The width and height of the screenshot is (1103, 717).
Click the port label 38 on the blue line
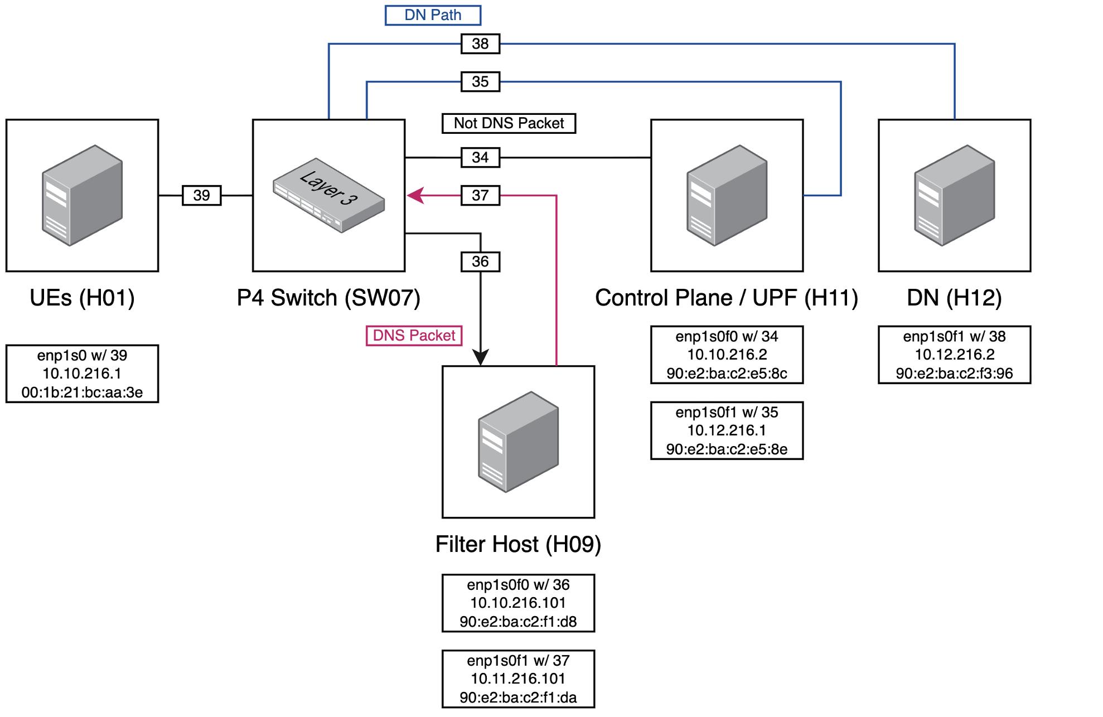tap(480, 43)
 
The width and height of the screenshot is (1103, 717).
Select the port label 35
tap(480, 81)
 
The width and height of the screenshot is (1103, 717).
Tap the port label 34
tap(480, 157)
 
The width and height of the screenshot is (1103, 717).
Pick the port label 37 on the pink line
tap(480, 195)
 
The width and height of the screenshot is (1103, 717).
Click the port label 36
tap(480, 261)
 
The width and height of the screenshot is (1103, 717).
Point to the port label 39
tap(201, 195)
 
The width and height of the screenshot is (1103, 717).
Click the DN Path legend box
tap(433, 15)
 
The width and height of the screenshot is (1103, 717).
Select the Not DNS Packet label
tap(509, 123)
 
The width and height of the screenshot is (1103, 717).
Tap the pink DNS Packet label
tap(414, 336)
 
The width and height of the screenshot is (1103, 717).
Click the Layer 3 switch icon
tap(328, 195)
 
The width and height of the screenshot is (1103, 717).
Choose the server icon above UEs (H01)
tap(82, 195)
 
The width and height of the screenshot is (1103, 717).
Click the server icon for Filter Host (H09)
tap(518, 442)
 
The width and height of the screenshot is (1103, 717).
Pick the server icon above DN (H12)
tap(954, 195)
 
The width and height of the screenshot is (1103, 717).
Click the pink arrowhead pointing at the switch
tap(415, 195)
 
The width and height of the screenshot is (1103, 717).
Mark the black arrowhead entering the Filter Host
tap(480, 357)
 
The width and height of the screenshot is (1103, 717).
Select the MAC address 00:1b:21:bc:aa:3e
tap(82, 393)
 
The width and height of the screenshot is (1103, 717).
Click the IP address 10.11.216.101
tap(518, 679)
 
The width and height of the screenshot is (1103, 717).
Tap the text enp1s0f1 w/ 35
tap(727, 413)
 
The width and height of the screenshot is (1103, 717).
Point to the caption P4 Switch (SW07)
tap(328, 298)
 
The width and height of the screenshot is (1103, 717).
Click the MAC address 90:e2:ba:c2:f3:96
tap(954, 374)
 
